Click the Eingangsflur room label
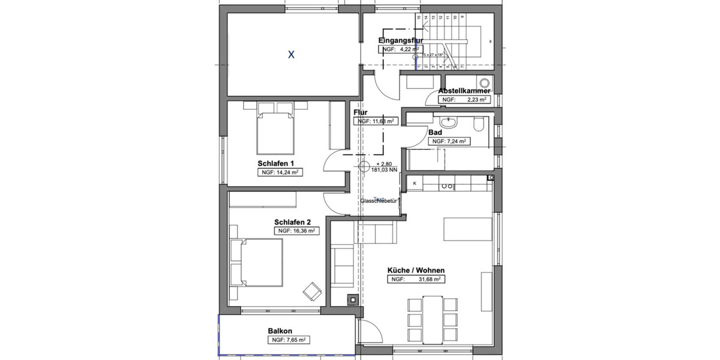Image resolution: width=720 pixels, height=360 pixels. (x=401, y=40)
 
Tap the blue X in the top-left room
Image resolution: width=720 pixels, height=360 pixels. (x=291, y=55)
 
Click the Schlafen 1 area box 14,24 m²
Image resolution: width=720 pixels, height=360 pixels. (x=279, y=172)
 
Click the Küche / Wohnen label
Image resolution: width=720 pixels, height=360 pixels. (x=416, y=270)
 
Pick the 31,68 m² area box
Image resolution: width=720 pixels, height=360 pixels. (x=416, y=280)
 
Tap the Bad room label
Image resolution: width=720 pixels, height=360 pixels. (x=435, y=132)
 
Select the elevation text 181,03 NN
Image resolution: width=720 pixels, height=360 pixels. (x=385, y=170)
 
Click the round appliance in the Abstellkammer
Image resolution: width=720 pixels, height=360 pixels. (x=484, y=83)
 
